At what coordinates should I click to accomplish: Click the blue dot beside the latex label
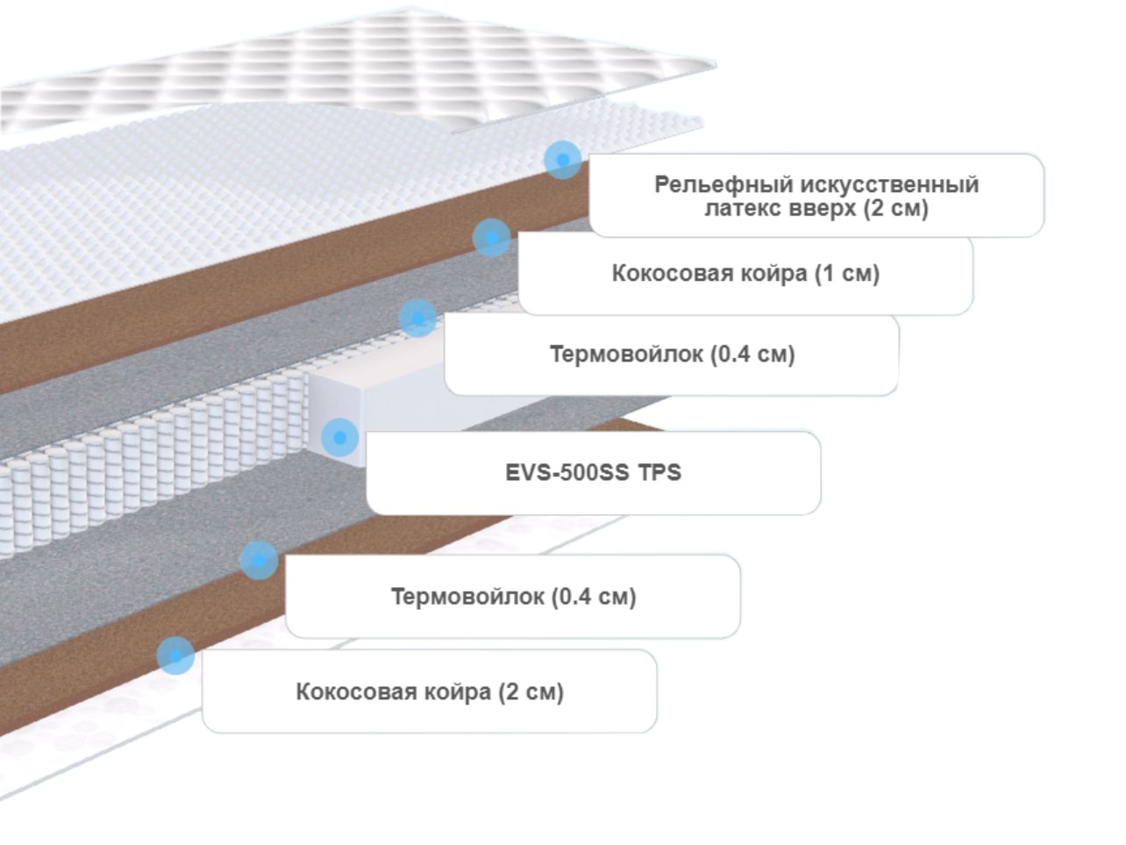[x=563, y=160]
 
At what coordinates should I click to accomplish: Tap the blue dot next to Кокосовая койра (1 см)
[x=491, y=238]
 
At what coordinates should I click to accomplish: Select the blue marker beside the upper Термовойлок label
[x=418, y=319]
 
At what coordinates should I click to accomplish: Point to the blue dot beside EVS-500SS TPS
[x=339, y=438]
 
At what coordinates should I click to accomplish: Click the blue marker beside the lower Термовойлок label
[x=259, y=561]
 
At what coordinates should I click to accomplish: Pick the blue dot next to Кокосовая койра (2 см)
[x=175, y=655]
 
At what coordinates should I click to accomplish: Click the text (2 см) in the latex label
[x=895, y=209]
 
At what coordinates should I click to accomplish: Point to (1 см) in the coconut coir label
[x=847, y=274]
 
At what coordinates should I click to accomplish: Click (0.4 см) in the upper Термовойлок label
[x=753, y=354]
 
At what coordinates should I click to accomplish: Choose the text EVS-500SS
[x=567, y=473]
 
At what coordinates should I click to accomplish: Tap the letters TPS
[x=659, y=473]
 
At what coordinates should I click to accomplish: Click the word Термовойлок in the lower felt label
[x=467, y=598]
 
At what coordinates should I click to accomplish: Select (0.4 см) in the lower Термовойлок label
[x=594, y=598]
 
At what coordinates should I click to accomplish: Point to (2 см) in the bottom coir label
[x=531, y=692]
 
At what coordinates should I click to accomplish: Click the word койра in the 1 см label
[x=774, y=274]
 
